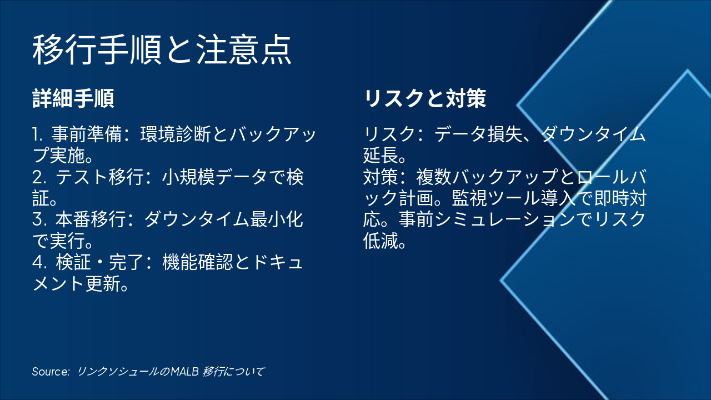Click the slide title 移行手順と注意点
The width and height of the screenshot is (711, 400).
(162, 50)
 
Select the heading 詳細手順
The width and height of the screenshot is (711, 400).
(73, 99)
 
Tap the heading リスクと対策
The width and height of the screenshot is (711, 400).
(425, 99)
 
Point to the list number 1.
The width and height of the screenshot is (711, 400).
(37, 134)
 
